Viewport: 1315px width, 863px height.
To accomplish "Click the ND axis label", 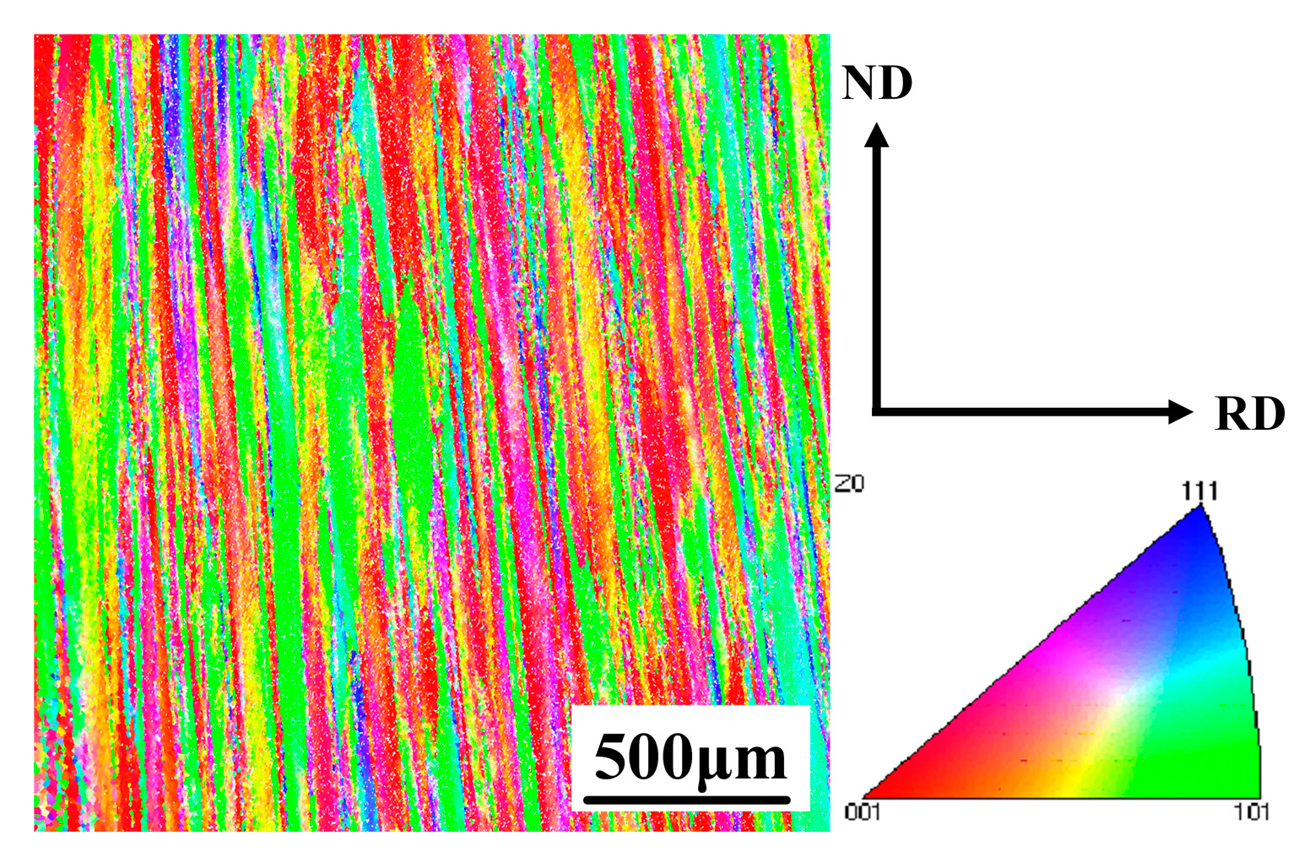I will (x=877, y=84).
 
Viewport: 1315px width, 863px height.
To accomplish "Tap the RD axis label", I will (x=1249, y=414).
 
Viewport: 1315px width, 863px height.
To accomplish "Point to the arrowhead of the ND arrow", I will (x=878, y=134).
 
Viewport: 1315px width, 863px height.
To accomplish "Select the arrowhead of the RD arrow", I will (x=1181, y=412).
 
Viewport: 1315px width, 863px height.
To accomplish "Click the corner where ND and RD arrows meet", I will (x=878, y=411).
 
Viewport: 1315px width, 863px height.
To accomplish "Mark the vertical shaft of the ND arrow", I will (x=878, y=270).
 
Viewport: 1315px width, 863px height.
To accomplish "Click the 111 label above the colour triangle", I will (x=1199, y=491).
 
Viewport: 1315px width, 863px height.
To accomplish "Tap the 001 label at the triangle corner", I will (x=863, y=811).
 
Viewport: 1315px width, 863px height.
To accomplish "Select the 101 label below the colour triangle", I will (x=1250, y=811).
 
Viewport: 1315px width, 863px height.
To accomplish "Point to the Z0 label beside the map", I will (x=849, y=484).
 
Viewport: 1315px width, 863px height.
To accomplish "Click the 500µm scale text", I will (x=690, y=757).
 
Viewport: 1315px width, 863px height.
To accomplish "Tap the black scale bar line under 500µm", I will (x=687, y=799).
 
